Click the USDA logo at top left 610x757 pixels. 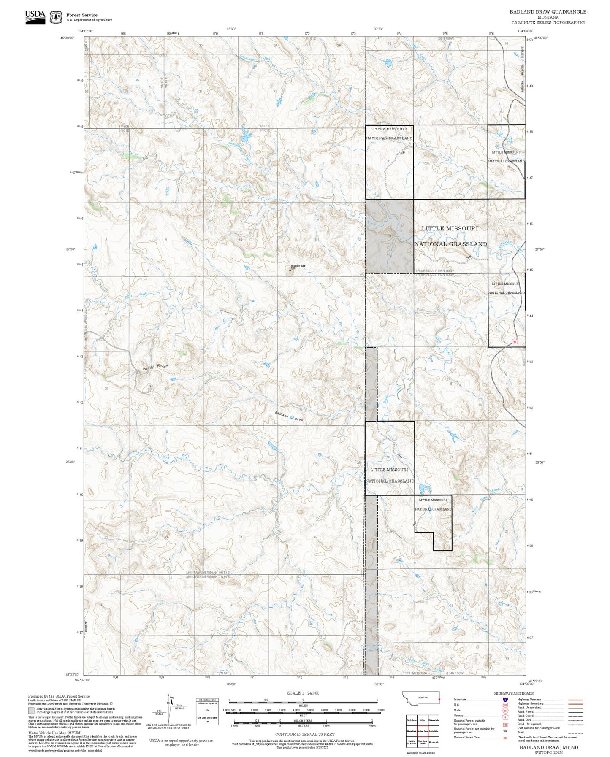pos(35,17)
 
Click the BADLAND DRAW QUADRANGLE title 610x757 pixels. pos(548,11)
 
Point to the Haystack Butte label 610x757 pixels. pos(298,266)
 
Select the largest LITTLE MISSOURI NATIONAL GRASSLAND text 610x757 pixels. pos(450,236)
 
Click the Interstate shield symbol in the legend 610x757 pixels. pos(505,700)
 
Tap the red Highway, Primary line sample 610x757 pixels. pos(575,700)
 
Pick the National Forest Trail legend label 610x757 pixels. pos(467,737)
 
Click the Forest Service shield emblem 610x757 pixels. pos(56,17)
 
